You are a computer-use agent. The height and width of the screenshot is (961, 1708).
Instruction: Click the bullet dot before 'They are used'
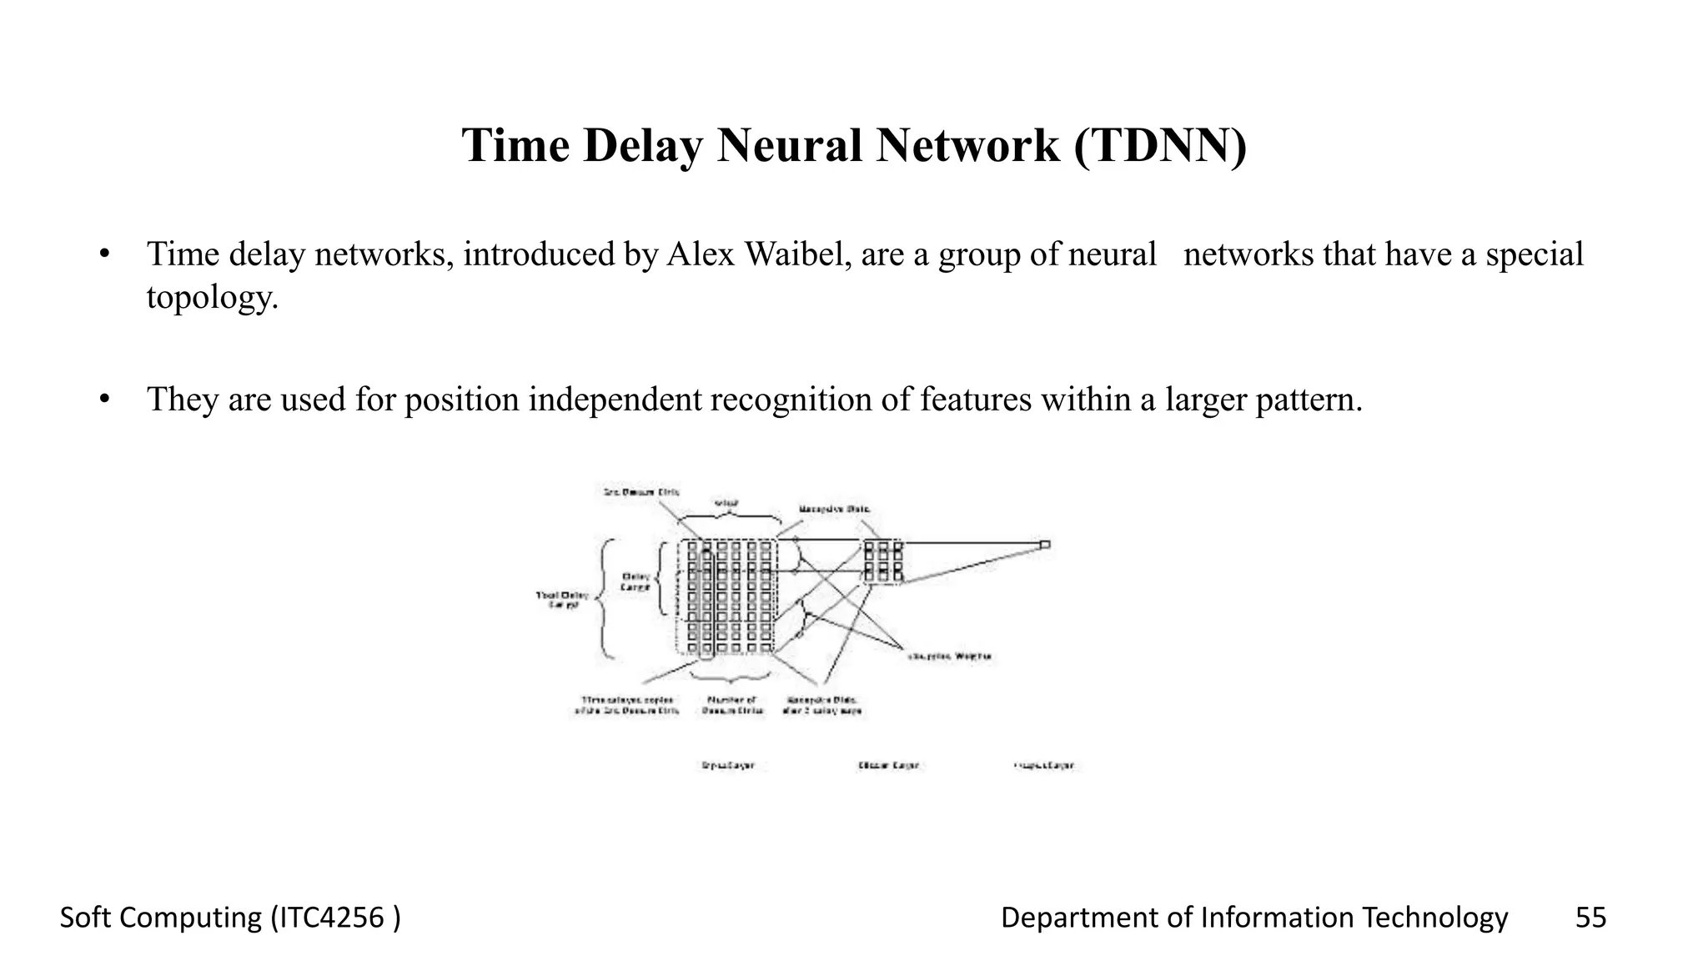coord(104,400)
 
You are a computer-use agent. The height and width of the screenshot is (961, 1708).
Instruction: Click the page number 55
coord(1590,918)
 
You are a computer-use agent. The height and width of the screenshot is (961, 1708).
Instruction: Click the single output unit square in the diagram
coord(1044,545)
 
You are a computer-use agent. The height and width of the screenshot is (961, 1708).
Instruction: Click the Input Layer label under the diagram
coord(727,765)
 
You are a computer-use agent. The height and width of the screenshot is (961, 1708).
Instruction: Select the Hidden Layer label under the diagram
coord(888,765)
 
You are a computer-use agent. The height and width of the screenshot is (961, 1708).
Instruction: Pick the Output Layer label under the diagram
coord(1044,765)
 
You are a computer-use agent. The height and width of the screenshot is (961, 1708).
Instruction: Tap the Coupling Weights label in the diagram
coord(949,657)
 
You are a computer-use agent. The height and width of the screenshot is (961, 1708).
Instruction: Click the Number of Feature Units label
coord(731,705)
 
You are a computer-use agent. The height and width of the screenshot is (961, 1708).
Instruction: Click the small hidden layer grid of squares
coord(882,561)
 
